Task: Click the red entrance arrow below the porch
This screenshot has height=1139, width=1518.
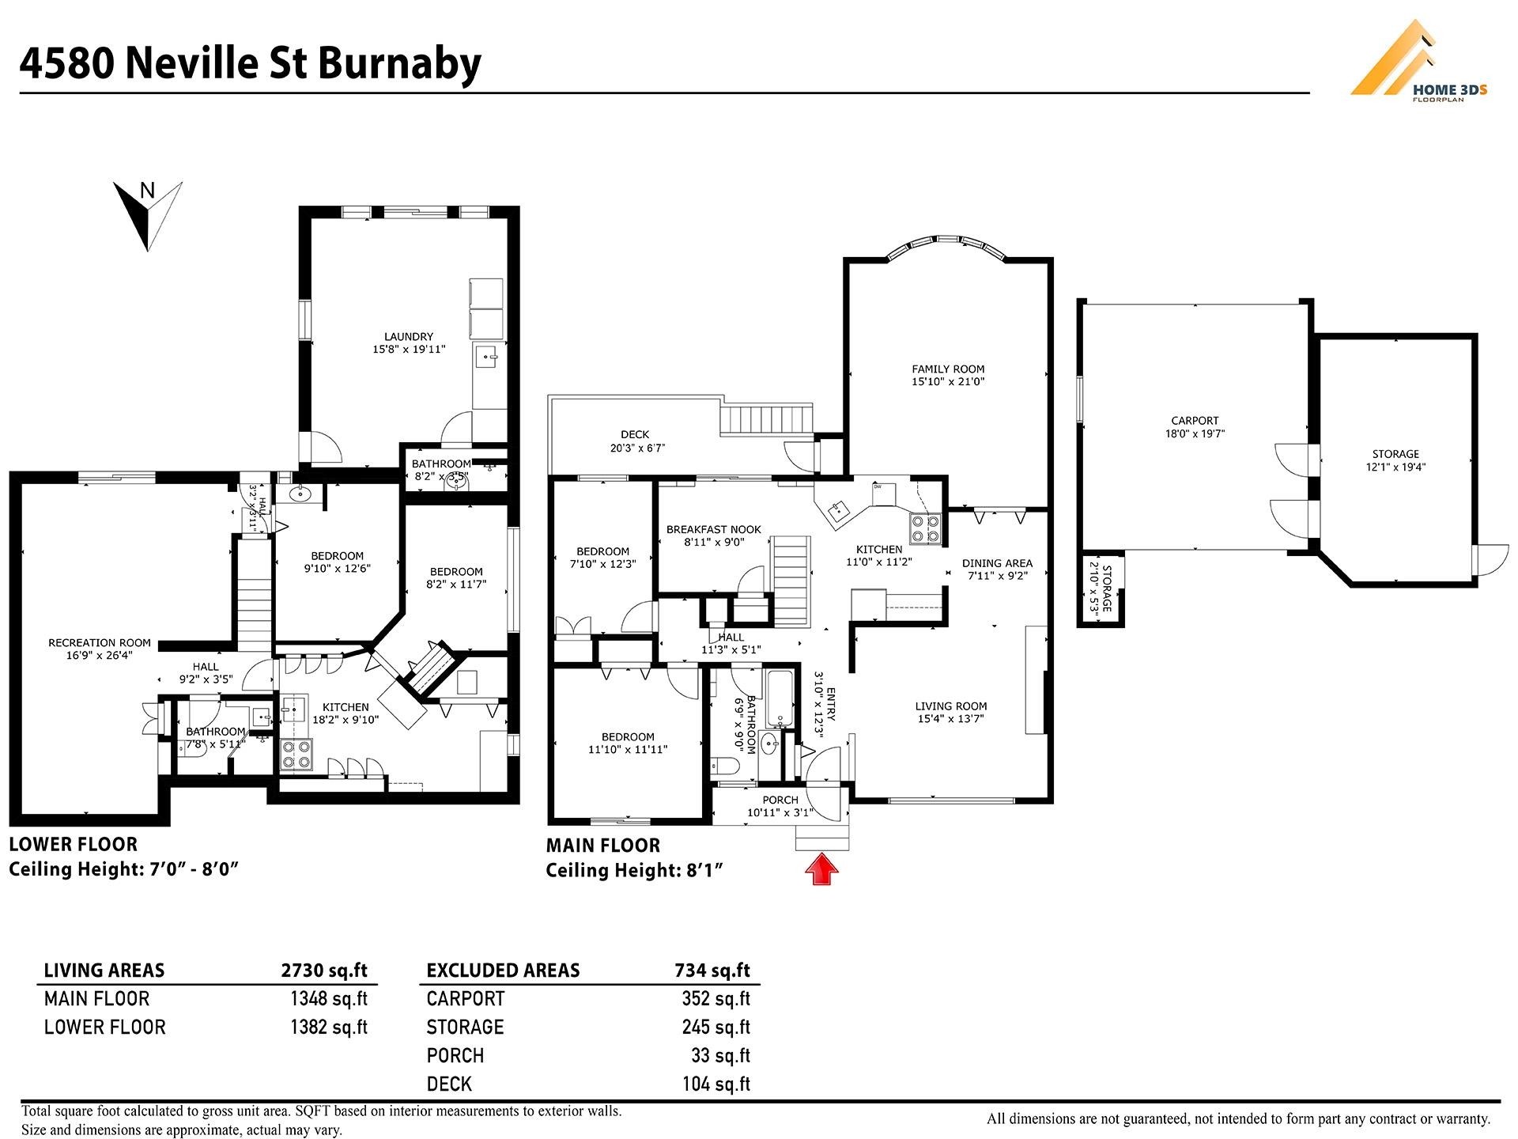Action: pos(821,868)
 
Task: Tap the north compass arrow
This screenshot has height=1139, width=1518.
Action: pos(148,215)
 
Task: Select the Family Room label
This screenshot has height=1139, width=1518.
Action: pos(948,369)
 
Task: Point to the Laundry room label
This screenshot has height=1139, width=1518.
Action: pos(409,336)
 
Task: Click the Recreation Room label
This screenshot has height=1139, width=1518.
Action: pos(100,643)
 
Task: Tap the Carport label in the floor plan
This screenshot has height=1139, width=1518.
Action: pos(1195,421)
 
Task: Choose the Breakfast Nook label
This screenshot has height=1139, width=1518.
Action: pos(713,530)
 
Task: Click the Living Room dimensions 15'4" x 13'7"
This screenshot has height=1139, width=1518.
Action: pos(951,719)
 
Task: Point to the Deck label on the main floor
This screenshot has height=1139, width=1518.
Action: pos(635,434)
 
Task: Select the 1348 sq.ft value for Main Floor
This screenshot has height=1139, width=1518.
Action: pos(329,999)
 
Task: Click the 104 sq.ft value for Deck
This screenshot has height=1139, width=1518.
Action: pos(716,1084)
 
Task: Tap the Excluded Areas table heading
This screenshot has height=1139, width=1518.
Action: pos(503,971)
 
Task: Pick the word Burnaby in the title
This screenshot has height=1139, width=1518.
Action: pos(399,64)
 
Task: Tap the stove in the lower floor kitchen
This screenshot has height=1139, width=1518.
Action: pos(296,754)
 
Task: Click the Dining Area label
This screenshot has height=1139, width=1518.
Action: pos(997,563)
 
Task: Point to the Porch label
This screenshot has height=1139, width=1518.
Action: pos(780,800)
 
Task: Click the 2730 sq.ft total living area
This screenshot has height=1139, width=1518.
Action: pos(324,971)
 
